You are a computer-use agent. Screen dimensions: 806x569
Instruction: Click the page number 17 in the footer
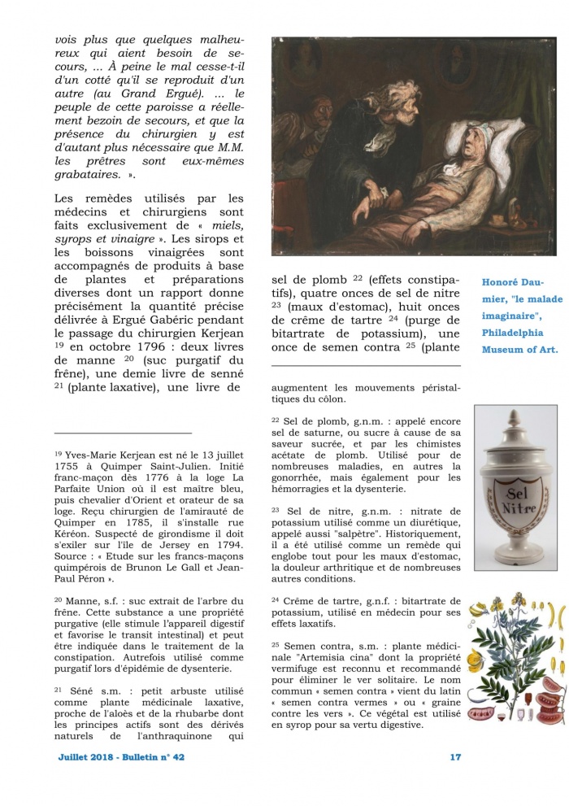pos(455,757)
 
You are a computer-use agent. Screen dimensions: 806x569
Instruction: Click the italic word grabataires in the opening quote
pos(91,174)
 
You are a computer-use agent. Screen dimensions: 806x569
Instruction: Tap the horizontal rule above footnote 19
pos(123,433)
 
